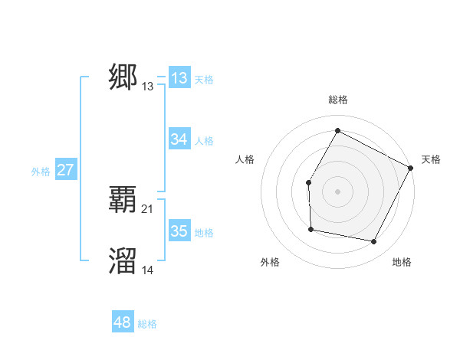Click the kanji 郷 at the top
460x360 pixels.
coord(123,77)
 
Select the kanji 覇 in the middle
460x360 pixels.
coord(123,199)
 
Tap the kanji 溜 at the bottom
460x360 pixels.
coord(123,260)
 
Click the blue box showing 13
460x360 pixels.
coord(179,78)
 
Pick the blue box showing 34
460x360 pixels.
coord(179,139)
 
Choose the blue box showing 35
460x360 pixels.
coord(179,231)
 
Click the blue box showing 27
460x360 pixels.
coord(65,170)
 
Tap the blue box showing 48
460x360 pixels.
coord(123,322)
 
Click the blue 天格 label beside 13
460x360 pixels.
coord(204,80)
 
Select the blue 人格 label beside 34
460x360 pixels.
coord(204,141)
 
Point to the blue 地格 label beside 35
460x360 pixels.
coord(204,233)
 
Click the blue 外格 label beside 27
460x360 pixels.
coord(41,172)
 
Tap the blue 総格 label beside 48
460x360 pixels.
coord(147,324)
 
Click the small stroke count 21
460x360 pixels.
coord(148,209)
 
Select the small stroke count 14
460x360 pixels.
coord(148,270)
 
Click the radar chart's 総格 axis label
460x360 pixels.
coord(337,100)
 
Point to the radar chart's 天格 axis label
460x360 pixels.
coord(431,159)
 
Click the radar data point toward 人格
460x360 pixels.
coord(308,182)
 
